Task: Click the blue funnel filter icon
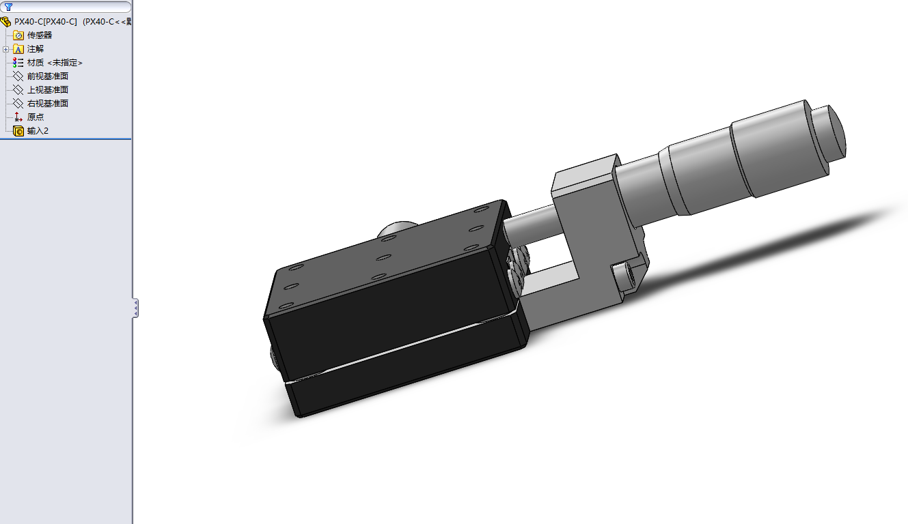click(8, 7)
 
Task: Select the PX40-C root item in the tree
click(45, 21)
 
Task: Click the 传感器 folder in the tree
click(39, 35)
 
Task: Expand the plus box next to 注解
click(6, 49)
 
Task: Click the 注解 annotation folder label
click(35, 49)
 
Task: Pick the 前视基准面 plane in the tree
click(47, 76)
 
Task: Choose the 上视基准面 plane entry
click(47, 90)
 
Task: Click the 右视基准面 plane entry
click(47, 104)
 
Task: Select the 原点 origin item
click(36, 117)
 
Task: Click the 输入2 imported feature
click(38, 131)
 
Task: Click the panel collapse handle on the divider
click(135, 308)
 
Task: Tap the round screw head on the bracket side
click(623, 276)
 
